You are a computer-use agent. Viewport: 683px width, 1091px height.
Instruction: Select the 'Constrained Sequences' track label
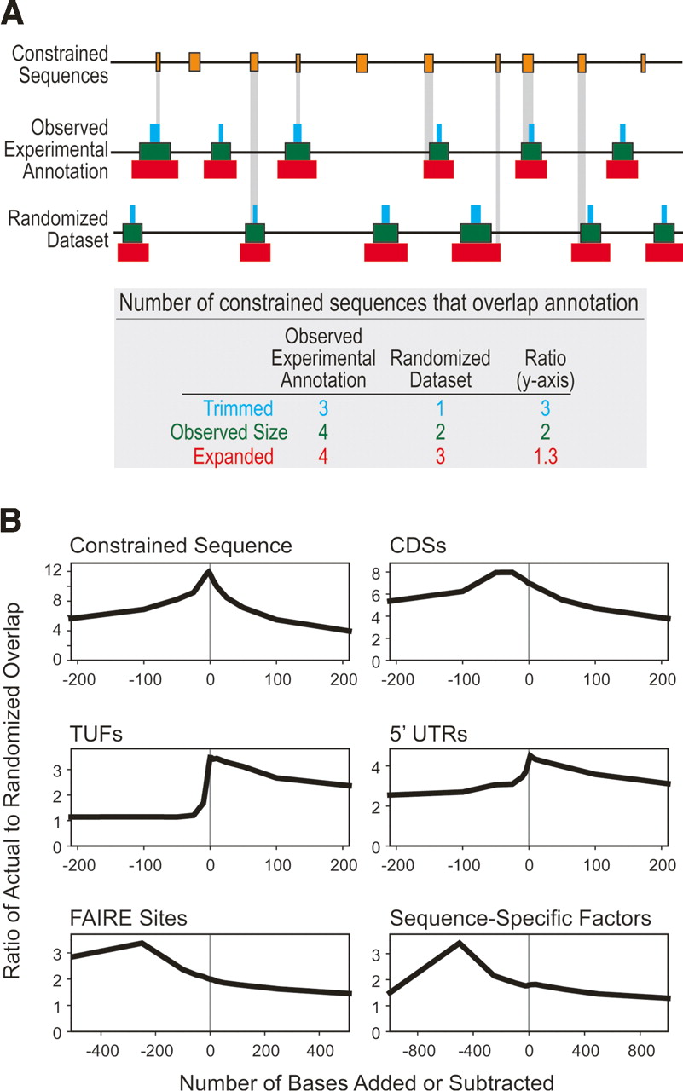pos(61,64)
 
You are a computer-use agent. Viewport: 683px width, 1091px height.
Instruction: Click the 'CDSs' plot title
pos(414,546)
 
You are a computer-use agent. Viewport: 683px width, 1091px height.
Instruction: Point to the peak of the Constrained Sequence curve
pos(209,571)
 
